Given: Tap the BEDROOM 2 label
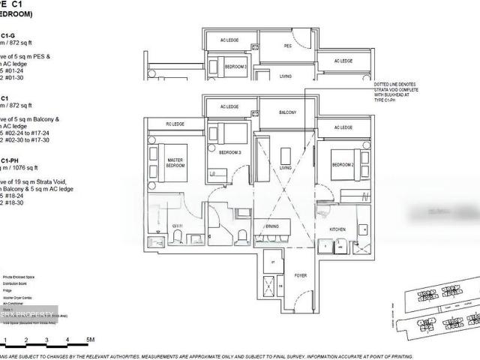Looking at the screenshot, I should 343,163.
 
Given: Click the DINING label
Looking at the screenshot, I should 271,225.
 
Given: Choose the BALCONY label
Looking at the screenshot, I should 288,112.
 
